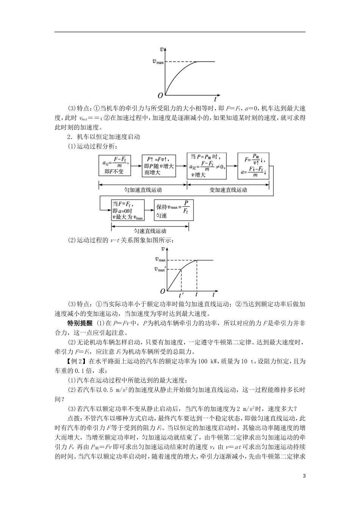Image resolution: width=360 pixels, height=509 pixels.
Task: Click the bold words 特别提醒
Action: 80,323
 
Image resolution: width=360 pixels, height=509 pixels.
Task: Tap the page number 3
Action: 304,476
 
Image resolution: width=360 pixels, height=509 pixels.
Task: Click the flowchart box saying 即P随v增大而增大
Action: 160,166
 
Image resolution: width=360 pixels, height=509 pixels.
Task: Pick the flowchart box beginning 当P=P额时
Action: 207,166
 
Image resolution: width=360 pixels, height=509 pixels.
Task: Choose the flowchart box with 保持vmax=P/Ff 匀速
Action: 174,210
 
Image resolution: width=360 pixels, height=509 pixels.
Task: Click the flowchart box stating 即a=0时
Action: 128,210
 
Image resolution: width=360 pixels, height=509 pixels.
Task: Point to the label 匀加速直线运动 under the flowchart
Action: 143,189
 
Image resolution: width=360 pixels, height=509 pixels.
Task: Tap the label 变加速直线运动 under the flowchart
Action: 228,189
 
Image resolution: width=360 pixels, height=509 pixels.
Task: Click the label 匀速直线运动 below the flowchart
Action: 150,231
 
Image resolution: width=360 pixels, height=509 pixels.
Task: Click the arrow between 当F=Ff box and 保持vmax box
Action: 149,209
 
